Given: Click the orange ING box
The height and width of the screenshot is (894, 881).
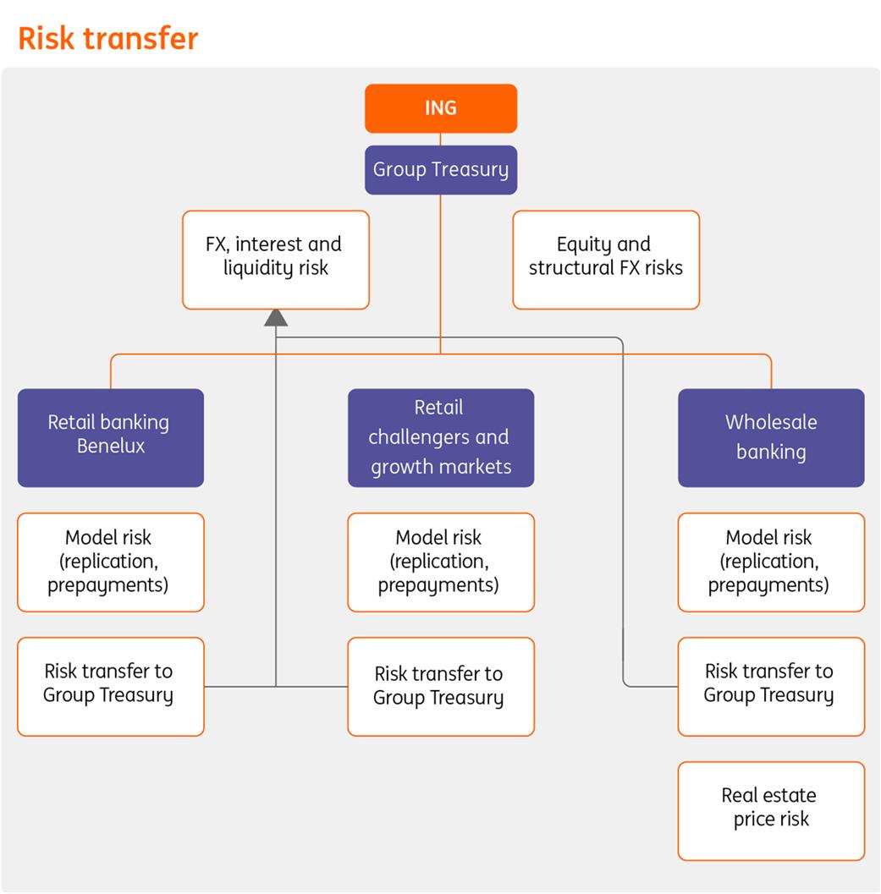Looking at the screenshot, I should (440, 108).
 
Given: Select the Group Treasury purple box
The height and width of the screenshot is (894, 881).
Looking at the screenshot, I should (440, 169).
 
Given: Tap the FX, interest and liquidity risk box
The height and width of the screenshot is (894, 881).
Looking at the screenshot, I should (276, 260).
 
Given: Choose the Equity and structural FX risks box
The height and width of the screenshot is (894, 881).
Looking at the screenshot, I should (606, 260).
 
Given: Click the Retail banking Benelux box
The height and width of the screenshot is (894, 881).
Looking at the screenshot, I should (110, 437).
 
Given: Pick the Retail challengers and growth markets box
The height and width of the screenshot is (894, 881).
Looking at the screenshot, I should (441, 437).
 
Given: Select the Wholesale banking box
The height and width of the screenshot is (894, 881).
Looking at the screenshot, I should (771, 437).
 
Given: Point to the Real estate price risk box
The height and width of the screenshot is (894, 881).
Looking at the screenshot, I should (771, 810).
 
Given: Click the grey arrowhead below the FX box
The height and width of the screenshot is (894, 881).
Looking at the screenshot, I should (276, 317).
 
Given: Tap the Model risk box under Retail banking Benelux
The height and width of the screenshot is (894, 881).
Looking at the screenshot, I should (110, 562).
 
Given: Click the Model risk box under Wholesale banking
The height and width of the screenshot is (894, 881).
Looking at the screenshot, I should (771, 562).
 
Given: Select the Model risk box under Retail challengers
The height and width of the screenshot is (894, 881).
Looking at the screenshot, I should (441, 562).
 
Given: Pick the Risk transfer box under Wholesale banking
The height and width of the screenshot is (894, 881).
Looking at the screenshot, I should (771, 686).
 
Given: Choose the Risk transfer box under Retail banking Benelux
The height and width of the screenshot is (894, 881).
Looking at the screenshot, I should (110, 686).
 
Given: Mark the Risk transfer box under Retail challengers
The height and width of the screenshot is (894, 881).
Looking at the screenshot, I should (441, 686).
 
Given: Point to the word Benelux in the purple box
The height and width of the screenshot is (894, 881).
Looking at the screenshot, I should (111, 447).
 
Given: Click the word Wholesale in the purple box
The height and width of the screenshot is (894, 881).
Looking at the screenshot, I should (771, 422).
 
